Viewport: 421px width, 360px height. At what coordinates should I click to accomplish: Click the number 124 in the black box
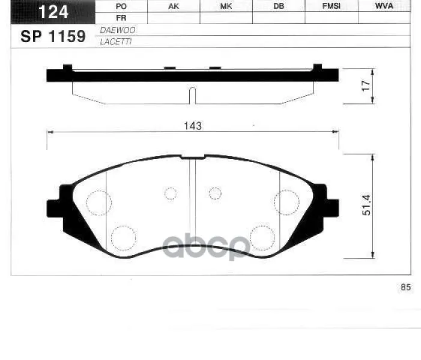[53, 12]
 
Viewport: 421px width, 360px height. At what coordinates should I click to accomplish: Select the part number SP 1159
[53, 37]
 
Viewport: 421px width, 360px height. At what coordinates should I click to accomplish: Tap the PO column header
[121, 7]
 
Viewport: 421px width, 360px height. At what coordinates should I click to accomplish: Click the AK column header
[174, 6]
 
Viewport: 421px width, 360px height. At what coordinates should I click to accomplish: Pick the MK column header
[226, 6]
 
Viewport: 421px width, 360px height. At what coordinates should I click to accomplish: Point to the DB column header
[279, 6]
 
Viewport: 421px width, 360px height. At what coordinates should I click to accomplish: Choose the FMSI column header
[332, 6]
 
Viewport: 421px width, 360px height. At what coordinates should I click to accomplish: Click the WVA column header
[384, 6]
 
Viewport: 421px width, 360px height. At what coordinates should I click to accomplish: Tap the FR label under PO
[121, 18]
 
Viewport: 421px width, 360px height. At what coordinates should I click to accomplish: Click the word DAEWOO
[118, 30]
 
